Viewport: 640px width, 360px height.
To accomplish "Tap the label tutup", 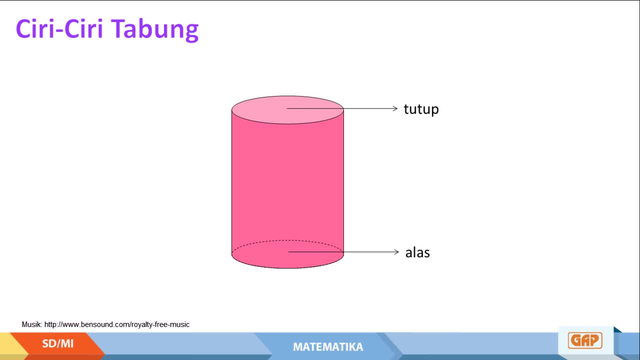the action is coord(421,109).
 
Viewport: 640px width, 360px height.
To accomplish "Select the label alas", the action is coord(417,252).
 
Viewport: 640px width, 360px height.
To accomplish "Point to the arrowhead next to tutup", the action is coord(395,108).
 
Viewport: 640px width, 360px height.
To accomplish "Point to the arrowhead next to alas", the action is coord(396,251).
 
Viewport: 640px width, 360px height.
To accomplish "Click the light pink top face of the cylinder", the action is coord(287,109).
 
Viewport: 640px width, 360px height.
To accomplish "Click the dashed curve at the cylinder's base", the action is coord(287,240).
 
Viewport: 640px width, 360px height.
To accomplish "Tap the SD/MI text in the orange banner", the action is coord(57,343).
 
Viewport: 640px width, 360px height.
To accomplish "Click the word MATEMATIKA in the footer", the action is coord(328,347).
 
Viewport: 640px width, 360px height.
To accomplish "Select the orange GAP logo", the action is coord(585,340).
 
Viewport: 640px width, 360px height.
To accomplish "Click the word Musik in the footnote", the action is coord(32,324).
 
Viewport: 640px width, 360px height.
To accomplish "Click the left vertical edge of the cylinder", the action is coord(231,182).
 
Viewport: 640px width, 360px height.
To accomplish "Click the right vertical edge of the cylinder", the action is coord(343,182).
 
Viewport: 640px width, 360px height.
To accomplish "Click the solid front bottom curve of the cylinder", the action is coord(287,268).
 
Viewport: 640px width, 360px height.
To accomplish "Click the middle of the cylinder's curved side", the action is coord(287,183).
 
